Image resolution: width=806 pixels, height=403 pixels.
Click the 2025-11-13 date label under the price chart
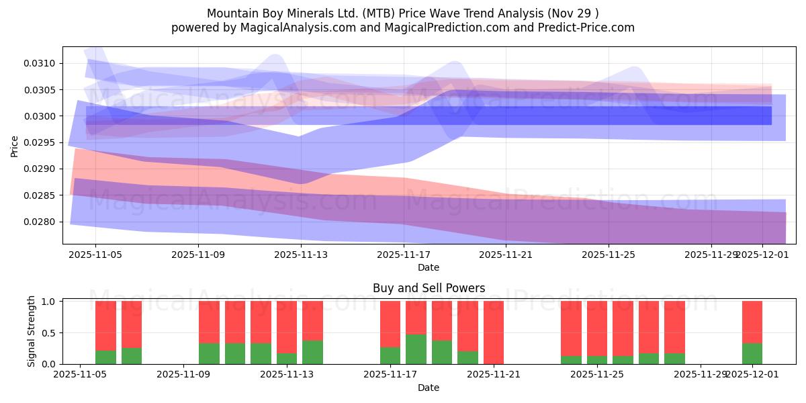[301, 255]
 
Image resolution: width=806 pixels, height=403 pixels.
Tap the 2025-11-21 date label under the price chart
[506, 255]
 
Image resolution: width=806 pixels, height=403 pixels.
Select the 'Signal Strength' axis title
[32, 332]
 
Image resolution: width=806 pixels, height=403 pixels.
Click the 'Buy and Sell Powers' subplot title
[429, 288]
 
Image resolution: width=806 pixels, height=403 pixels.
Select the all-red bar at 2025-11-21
[494, 332]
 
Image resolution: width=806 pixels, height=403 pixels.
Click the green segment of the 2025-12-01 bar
[752, 354]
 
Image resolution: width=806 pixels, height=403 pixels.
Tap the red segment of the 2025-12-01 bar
[752, 322]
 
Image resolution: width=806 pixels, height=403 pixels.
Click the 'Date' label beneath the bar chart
[429, 388]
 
